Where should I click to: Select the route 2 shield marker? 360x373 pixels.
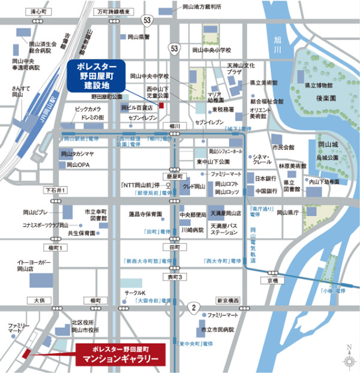(193, 308)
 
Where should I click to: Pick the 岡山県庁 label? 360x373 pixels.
(286, 212)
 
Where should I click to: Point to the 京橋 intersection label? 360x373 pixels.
(274, 281)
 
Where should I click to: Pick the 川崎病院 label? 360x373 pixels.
(192, 230)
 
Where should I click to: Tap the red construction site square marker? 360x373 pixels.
(161, 106)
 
